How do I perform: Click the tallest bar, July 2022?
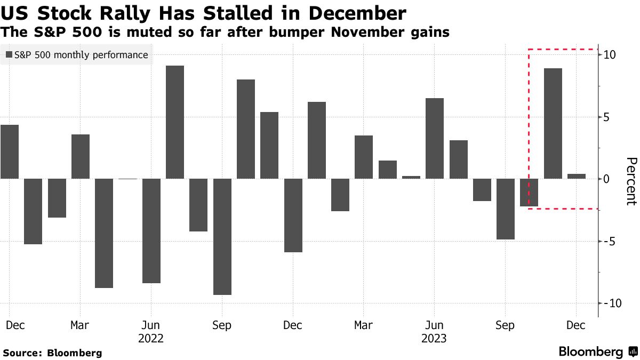pos(175,122)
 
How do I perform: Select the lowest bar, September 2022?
pos(222,237)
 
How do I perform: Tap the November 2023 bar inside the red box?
pos(553,123)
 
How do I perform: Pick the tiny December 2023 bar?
pos(577,176)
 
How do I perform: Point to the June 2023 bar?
pos(435,138)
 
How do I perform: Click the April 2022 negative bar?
pos(104,233)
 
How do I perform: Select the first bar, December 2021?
pos(10,151)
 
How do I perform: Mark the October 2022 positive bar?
pos(246,129)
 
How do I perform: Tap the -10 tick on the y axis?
pos(608,303)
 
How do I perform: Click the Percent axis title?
pos(631,181)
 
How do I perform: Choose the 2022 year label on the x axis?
pos(151,338)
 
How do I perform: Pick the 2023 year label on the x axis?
pos(434,338)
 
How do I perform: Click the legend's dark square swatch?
pos(9,55)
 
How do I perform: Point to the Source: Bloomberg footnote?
pos(52,353)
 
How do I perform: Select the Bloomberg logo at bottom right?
pos(597,352)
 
